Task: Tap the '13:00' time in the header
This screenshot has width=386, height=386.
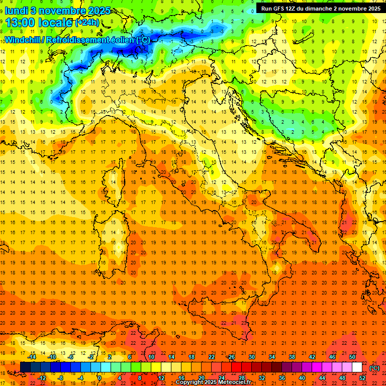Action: click(21, 22)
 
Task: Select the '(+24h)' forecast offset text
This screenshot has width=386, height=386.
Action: click(87, 23)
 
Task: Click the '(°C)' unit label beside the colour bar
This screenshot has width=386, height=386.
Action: click(374, 368)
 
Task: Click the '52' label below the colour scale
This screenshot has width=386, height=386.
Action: click(362, 378)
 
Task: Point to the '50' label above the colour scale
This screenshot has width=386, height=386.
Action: click(352, 357)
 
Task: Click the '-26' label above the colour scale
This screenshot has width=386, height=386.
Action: click(231, 357)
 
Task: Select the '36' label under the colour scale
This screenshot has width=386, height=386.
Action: click(282, 378)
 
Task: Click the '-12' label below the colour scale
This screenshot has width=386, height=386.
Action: click(42, 378)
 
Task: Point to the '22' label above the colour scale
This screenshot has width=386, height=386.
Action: click(212, 357)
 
